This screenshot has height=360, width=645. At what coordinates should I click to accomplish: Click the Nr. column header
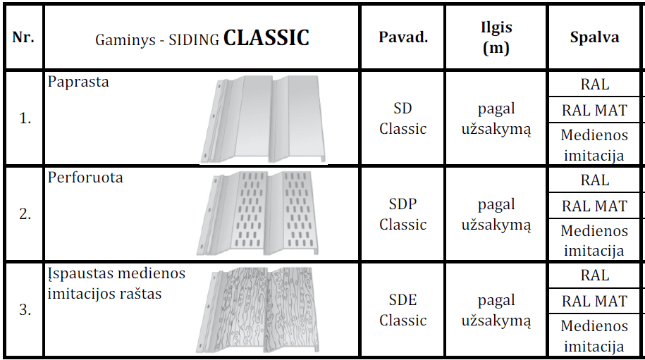(x=23, y=37)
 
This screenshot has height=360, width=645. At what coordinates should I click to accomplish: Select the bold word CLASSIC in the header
(x=266, y=38)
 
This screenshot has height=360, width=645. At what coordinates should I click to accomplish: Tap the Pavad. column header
(x=403, y=37)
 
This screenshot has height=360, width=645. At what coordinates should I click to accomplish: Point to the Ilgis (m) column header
(x=496, y=37)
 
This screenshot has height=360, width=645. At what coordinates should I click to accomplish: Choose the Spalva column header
(x=594, y=37)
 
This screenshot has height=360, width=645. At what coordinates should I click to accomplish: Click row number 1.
(x=25, y=118)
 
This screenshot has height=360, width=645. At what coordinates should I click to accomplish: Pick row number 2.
(x=25, y=213)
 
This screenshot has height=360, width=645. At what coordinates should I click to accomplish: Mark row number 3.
(x=25, y=309)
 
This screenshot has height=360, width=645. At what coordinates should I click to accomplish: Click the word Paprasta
(x=78, y=82)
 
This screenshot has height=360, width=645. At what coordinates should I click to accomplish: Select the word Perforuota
(x=85, y=178)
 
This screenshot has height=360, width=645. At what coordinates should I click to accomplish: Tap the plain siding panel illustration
(x=263, y=119)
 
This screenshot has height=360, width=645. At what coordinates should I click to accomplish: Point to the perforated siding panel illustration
(x=258, y=213)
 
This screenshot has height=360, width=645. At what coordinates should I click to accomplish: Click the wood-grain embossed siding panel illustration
(x=258, y=310)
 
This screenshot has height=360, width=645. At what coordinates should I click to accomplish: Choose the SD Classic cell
(x=403, y=118)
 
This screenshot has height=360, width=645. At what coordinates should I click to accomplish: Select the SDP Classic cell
(x=403, y=214)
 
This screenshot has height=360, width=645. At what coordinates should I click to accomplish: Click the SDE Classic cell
(x=403, y=310)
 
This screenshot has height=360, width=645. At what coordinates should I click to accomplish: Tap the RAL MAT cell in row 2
(x=594, y=206)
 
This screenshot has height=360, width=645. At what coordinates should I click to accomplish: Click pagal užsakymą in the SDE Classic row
(x=496, y=311)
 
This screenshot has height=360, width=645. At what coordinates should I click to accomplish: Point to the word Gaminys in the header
(x=125, y=40)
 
